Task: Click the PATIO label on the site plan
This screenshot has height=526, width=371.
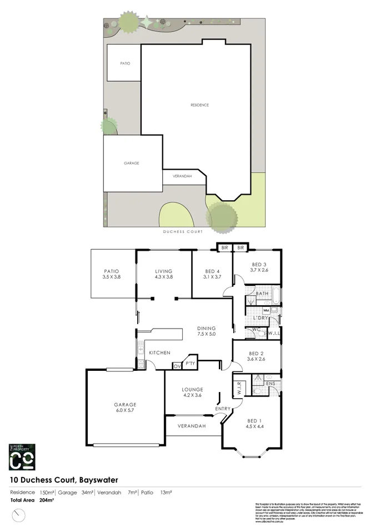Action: pos(125,63)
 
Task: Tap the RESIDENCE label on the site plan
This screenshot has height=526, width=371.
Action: pos(199,105)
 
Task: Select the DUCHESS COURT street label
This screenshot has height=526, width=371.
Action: pos(182,231)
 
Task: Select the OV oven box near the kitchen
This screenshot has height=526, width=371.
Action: pos(177,366)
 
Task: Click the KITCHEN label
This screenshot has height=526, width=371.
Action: pos(159,353)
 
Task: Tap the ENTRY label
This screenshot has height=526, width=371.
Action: pos(223,409)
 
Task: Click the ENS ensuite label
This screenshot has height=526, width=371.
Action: pos(271,383)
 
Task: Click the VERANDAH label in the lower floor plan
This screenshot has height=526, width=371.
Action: pos(192,426)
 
